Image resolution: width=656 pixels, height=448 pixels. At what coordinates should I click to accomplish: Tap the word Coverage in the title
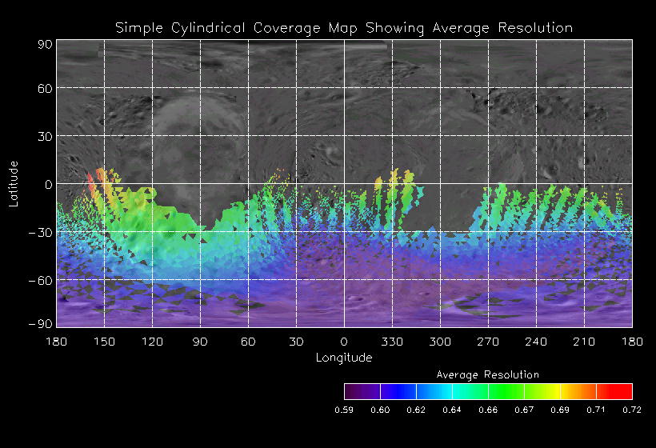pyautogui.click(x=289, y=28)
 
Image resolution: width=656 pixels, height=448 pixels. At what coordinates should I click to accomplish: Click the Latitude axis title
pyautogui.click(x=14, y=183)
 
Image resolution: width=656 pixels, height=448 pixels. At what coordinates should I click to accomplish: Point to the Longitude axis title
pyautogui.click(x=344, y=358)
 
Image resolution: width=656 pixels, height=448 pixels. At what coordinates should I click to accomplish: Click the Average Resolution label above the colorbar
pyautogui.click(x=488, y=374)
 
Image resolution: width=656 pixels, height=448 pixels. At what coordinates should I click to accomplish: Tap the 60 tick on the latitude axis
pyautogui.click(x=45, y=88)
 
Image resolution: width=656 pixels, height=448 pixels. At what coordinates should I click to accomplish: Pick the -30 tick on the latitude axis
pyautogui.click(x=41, y=233)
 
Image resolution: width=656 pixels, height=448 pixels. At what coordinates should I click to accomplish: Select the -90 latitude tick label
pyautogui.click(x=41, y=323)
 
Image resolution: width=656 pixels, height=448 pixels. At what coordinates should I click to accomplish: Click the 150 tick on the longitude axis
pyautogui.click(x=104, y=342)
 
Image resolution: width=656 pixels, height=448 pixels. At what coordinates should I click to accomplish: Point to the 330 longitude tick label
pyautogui.click(x=392, y=342)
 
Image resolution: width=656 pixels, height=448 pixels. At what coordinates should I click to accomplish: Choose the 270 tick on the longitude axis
pyautogui.click(x=488, y=342)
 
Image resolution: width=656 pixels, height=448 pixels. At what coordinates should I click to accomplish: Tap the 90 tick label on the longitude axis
pyautogui.click(x=200, y=342)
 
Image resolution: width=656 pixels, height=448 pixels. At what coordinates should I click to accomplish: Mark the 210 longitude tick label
pyautogui.click(x=584, y=342)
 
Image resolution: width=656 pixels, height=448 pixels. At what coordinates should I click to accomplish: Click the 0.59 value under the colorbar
pyautogui.click(x=344, y=410)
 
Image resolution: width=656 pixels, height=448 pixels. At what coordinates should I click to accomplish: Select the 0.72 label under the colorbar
pyautogui.click(x=632, y=410)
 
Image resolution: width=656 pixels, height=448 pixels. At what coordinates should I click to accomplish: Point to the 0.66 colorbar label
pyautogui.click(x=488, y=410)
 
